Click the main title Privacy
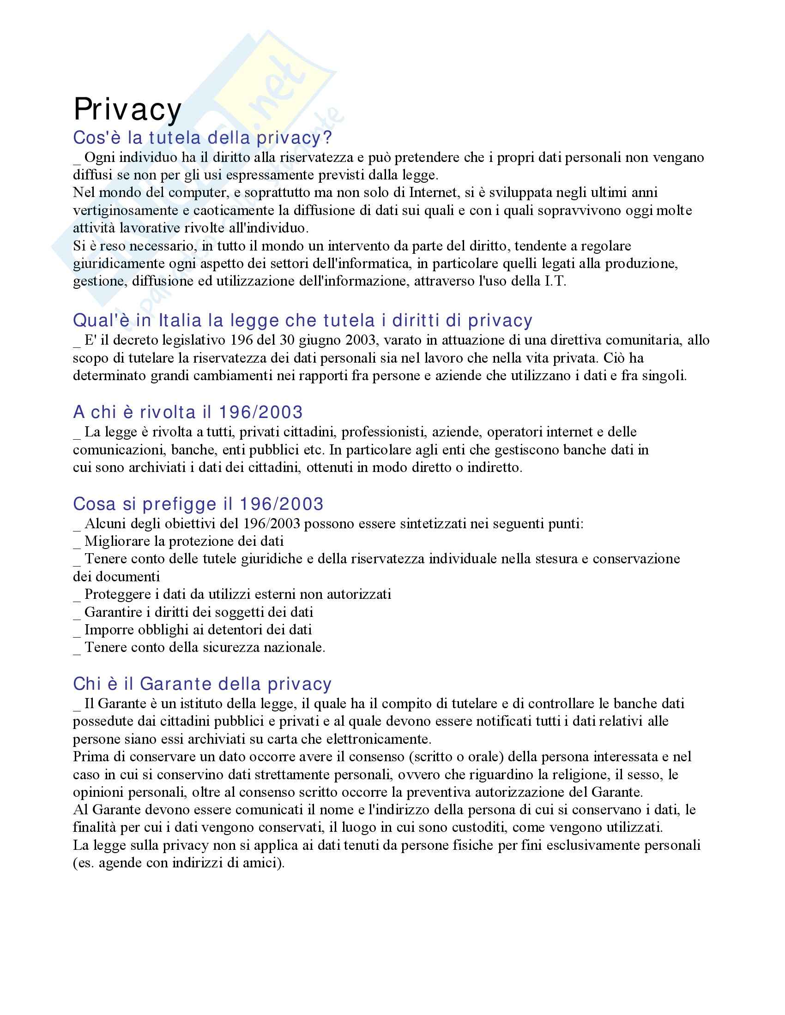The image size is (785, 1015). coord(127,110)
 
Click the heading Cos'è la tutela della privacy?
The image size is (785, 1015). coord(202,137)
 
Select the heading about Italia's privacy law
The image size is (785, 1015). coord(302,320)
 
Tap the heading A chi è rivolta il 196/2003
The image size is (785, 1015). coord(188,412)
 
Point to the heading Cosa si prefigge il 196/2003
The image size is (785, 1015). coord(198,504)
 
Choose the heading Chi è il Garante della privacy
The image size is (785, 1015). coord(202,684)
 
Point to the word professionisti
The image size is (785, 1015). coord(384,432)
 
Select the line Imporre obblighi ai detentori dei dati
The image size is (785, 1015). coord(198,630)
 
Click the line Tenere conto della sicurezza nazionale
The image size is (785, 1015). coord(205,647)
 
